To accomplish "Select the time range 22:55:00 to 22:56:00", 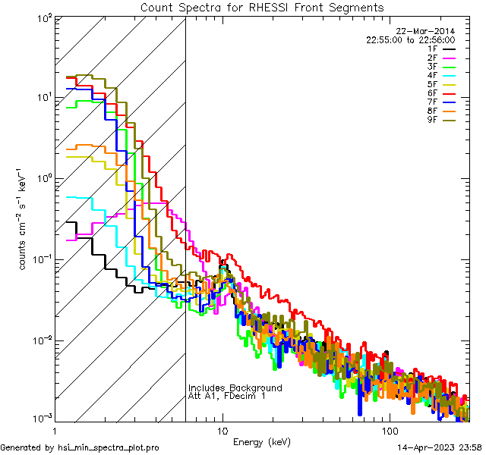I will pyautogui.click(x=421, y=40).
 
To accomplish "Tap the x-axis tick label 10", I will pyautogui.click(x=222, y=431).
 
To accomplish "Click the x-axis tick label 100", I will pyautogui.click(x=389, y=431).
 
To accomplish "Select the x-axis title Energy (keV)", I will pyautogui.click(x=262, y=441).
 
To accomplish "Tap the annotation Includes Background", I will pyautogui.click(x=235, y=388).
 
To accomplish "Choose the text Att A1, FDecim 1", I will pyautogui.click(x=227, y=396).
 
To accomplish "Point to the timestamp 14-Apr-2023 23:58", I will pyautogui.click(x=440, y=448).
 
